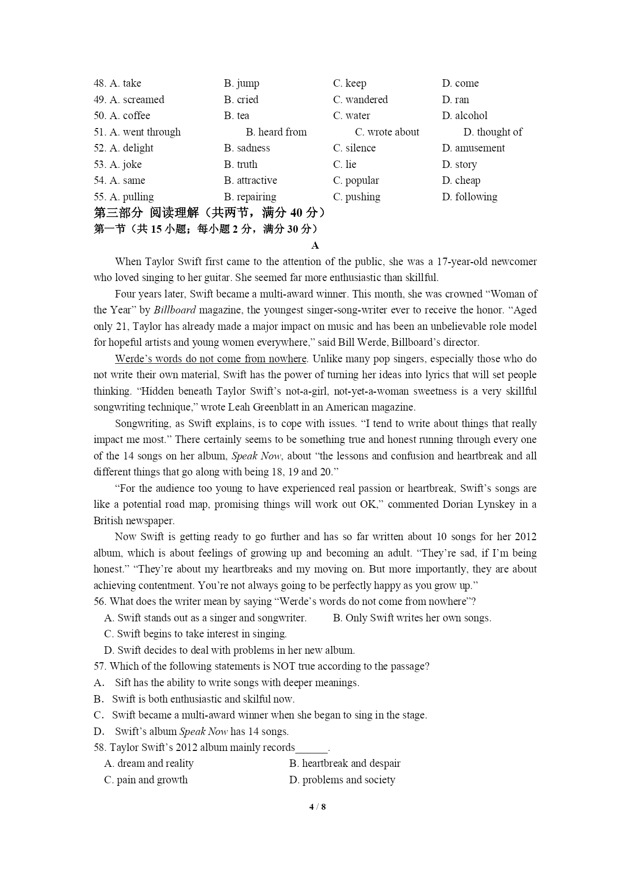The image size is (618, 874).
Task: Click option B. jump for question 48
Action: tap(242, 83)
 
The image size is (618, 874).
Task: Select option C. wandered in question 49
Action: tap(360, 100)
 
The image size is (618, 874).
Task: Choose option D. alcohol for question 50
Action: tap(464, 116)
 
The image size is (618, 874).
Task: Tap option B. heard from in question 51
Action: tap(276, 132)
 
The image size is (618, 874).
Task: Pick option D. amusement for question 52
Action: tap(473, 148)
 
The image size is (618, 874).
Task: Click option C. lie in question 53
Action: tap(345, 164)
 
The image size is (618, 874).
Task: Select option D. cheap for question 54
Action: tap(461, 180)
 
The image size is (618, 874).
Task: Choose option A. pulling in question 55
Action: tap(124, 197)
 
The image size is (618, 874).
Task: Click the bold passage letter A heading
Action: tap(315, 245)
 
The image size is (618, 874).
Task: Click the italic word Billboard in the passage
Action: tap(175, 310)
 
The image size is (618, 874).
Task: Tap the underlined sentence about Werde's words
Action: tap(211, 359)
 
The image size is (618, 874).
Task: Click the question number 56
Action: tap(100, 601)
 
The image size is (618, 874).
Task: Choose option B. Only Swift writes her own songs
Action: tap(412, 618)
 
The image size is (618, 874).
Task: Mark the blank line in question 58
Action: tap(312, 747)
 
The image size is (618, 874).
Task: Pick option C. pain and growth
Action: tap(145, 780)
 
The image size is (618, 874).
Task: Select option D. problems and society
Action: tap(342, 780)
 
